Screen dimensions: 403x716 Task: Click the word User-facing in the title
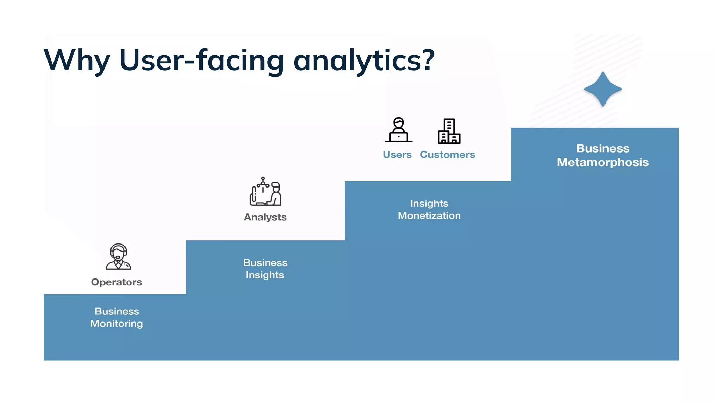(x=201, y=60)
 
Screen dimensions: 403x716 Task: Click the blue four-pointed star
(x=603, y=89)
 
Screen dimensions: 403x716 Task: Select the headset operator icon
(x=119, y=257)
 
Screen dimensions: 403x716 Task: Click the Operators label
(x=116, y=282)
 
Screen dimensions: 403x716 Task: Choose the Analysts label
(x=265, y=217)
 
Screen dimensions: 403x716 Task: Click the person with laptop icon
(x=399, y=130)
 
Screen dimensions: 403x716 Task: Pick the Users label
(x=397, y=155)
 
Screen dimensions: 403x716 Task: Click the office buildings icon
(x=449, y=131)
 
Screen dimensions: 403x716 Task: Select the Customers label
(x=447, y=155)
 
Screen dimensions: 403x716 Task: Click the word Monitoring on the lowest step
(x=116, y=324)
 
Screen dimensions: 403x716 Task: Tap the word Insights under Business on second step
(x=265, y=275)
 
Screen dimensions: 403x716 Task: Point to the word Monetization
(x=429, y=215)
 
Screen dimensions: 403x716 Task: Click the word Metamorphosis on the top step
(x=602, y=162)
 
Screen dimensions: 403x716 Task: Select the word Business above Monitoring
(x=117, y=311)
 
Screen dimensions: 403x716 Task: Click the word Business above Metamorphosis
(x=603, y=148)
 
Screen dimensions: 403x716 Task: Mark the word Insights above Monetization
(x=429, y=203)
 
